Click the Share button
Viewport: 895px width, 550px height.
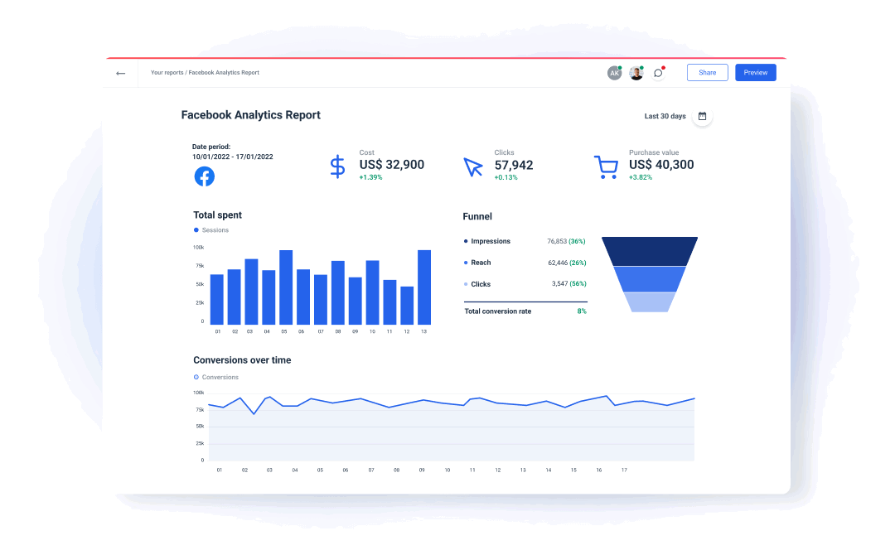[707, 73]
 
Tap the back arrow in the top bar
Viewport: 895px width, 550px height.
[121, 73]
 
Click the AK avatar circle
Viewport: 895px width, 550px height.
[614, 73]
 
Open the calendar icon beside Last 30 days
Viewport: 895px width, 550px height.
[702, 116]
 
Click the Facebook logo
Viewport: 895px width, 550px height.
[204, 176]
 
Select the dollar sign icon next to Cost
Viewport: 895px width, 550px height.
[337, 166]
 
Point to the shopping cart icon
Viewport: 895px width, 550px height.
[606, 167]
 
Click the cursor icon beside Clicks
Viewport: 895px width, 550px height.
[472, 167]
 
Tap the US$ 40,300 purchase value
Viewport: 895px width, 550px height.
[661, 165]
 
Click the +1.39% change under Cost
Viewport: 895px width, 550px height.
[370, 177]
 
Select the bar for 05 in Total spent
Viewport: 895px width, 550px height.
[286, 287]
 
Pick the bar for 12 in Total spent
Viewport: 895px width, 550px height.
[407, 305]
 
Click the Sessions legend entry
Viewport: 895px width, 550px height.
[215, 230]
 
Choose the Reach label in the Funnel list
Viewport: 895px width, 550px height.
[481, 263]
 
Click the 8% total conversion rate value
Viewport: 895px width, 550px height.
[582, 311]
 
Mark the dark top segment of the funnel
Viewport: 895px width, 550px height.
[650, 251]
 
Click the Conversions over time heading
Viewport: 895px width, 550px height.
[242, 360]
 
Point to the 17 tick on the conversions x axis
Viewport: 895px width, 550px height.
[624, 470]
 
